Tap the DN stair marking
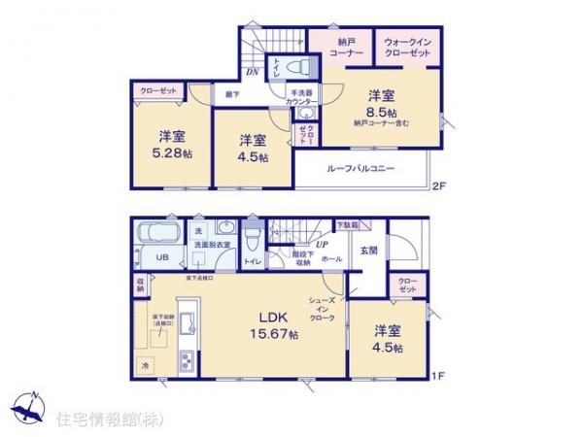(x=250, y=73)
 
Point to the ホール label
(x=330, y=260)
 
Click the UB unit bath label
(x=163, y=257)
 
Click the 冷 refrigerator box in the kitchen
(x=146, y=366)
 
